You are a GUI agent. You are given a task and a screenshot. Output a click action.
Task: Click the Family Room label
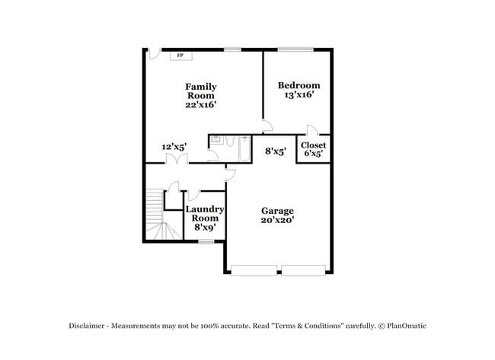(x=201, y=91)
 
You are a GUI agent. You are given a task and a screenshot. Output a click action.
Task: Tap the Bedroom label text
(x=299, y=85)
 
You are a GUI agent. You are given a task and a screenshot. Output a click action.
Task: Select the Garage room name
(x=277, y=211)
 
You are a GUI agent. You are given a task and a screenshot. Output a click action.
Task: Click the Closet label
(x=313, y=145)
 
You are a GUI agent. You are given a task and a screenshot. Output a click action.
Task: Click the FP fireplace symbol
(x=180, y=56)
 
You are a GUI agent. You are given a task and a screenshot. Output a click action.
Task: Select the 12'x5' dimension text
(x=174, y=147)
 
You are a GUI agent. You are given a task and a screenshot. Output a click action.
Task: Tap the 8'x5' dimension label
(x=275, y=151)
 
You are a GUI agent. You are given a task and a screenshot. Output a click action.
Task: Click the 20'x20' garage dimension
(x=277, y=221)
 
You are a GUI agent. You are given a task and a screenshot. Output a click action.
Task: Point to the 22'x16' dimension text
(x=201, y=105)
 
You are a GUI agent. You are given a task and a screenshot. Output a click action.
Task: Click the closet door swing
(x=311, y=130)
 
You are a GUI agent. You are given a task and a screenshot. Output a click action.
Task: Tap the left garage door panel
(x=254, y=269)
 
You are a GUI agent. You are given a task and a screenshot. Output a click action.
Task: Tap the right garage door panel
(x=303, y=269)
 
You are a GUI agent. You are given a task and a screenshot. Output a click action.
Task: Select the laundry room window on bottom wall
(x=205, y=241)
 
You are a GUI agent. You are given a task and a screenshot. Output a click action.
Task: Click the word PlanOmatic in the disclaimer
(x=404, y=326)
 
